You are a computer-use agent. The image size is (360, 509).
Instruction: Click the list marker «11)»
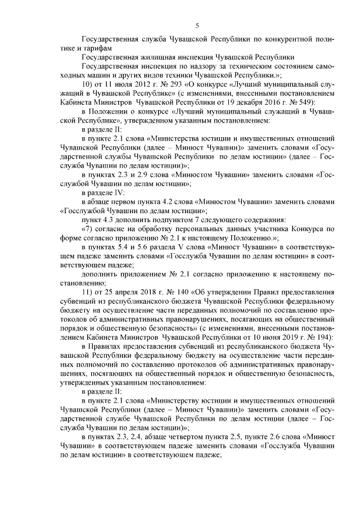click(x=87, y=291)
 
